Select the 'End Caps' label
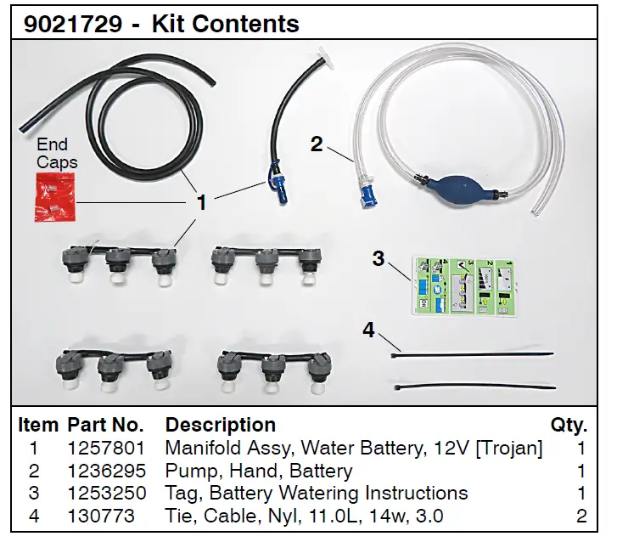(56, 153)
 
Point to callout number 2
(317, 144)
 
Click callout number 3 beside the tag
(378, 259)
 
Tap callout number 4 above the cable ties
(368, 330)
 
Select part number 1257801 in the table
(107, 448)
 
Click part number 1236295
(107, 471)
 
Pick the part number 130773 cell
(101, 516)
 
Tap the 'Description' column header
(220, 425)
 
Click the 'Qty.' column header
(569, 425)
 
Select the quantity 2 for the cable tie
(581, 516)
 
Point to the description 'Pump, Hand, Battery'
(259, 471)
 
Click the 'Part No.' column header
(106, 425)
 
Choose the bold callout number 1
(202, 202)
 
